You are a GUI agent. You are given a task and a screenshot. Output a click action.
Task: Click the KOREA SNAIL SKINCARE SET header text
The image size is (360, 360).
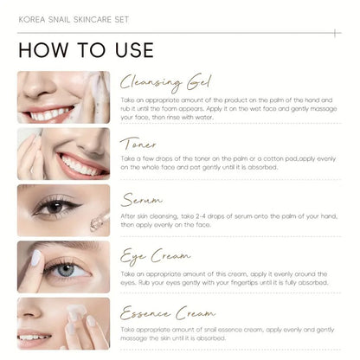[74, 16]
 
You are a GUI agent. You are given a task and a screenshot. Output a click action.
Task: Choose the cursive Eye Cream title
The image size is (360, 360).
[156, 255]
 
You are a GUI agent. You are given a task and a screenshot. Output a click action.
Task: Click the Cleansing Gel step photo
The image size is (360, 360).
[63, 97]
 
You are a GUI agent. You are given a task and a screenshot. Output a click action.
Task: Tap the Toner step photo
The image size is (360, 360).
[63, 153]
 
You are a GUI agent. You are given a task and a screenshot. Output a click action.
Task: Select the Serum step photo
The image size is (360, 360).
[63, 210]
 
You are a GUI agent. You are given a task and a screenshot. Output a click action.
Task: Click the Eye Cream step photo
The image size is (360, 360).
[63, 267]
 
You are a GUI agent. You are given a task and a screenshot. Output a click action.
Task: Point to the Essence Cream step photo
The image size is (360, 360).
[63, 323]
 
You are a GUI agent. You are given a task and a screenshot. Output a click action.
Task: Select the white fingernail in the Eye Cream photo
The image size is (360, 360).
[35, 257]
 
